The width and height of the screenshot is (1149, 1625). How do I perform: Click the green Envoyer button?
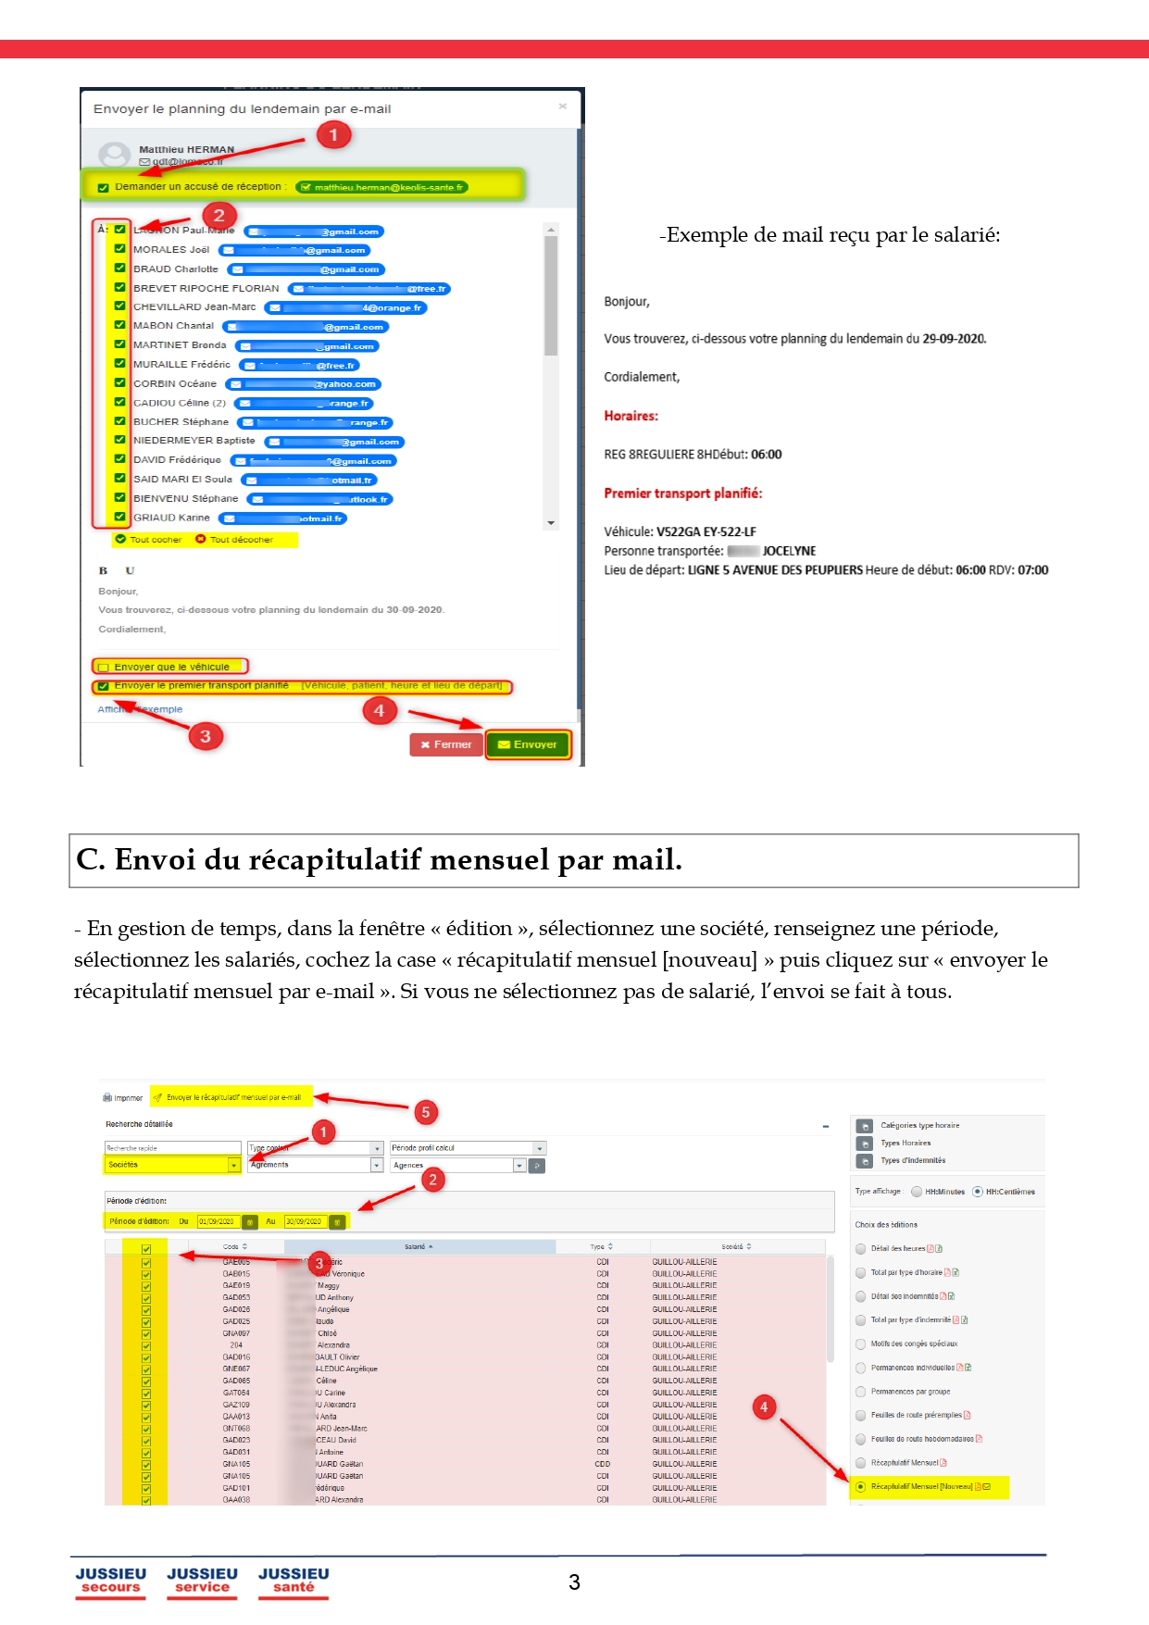[528, 744]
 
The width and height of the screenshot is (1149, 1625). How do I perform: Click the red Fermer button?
[446, 744]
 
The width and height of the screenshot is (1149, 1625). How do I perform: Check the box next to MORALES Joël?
[120, 249]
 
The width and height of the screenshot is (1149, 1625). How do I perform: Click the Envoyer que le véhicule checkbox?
[104, 667]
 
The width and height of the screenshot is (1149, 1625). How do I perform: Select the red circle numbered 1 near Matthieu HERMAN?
[333, 135]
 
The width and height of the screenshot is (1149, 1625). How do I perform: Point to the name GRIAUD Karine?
[171, 518]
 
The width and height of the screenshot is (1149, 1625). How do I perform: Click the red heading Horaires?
[631, 417]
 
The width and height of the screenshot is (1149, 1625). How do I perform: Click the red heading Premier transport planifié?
[682, 494]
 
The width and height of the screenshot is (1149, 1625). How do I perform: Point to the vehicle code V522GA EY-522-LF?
[706, 532]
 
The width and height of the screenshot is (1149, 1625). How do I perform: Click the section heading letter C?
[90, 860]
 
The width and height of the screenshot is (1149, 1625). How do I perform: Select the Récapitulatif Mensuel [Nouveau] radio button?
[861, 1487]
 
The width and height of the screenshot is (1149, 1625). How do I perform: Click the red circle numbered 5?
[425, 1112]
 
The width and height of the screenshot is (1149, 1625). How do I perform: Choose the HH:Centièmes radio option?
[978, 1192]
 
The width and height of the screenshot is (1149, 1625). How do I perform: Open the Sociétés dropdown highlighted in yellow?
[234, 1165]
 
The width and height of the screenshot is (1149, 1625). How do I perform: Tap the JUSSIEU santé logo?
[293, 1581]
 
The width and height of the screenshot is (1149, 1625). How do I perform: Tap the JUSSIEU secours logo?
[110, 1581]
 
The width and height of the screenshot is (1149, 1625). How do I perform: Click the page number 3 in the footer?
[574, 1582]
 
